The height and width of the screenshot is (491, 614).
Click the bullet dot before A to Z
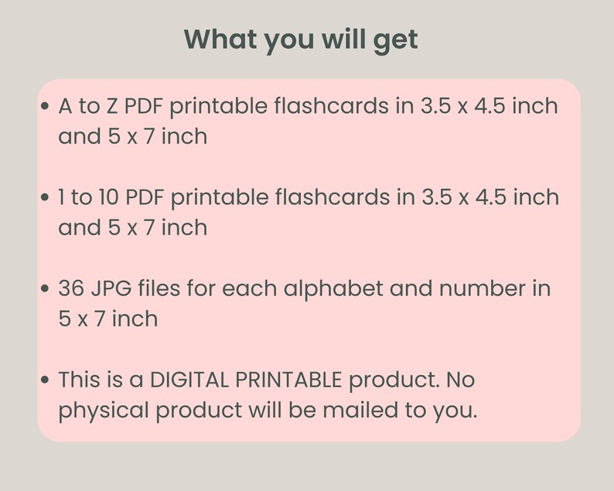click(46, 107)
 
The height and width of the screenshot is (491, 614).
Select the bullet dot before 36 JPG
click(46, 289)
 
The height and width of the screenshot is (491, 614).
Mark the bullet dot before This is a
click(46, 380)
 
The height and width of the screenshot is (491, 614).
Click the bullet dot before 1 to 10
click(46, 198)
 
